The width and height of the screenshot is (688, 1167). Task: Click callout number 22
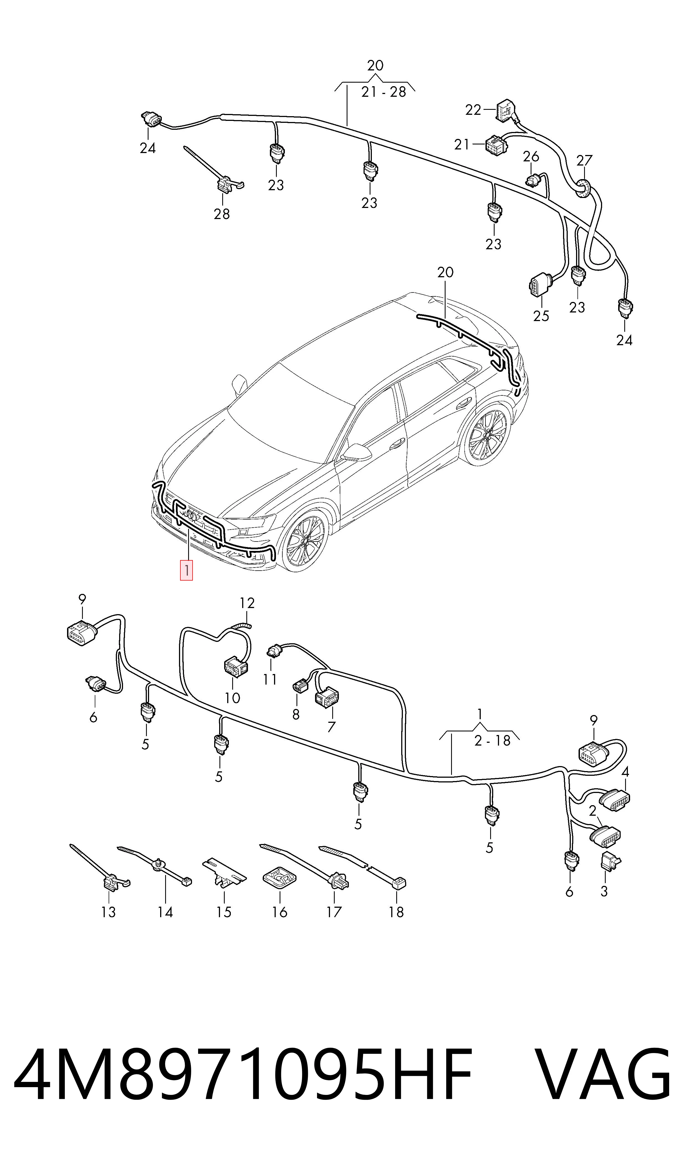[x=473, y=110]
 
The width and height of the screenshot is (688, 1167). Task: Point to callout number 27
[x=584, y=161]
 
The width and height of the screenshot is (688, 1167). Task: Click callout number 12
[x=247, y=603]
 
